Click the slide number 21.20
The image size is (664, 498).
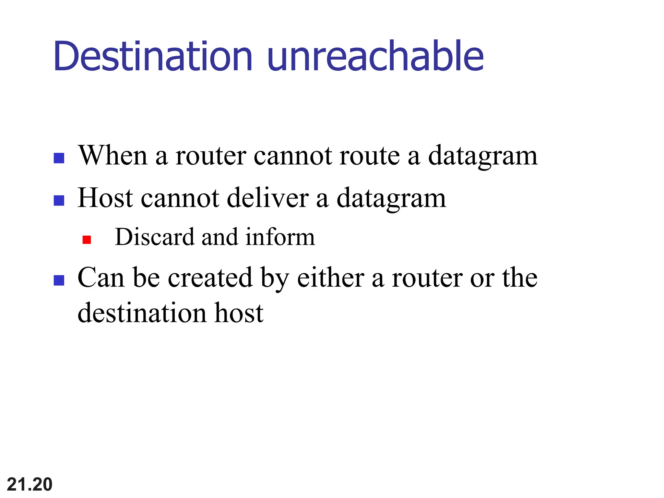30,484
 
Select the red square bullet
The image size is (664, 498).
87,240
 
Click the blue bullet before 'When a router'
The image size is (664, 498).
59,158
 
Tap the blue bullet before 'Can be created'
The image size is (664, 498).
59,280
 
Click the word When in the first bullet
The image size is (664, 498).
113,156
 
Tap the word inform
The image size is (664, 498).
280,237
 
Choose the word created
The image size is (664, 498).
210,278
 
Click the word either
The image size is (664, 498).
330,278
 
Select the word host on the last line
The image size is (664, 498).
239,313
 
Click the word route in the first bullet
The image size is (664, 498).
370,156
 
